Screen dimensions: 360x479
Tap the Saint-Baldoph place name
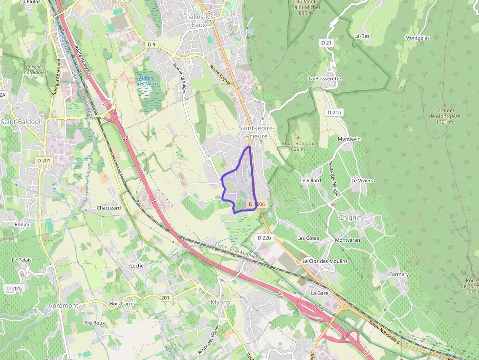tap(22, 122)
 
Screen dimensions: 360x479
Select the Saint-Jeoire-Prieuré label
tap(257, 131)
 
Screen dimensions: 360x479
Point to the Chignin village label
tap(350, 217)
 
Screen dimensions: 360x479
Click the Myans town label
tap(220, 302)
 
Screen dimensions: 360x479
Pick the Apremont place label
tap(63, 305)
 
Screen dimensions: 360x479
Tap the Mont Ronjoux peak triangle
tap(298, 137)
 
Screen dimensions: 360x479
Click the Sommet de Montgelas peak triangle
tap(444, 105)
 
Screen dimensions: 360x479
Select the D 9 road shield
tap(152, 44)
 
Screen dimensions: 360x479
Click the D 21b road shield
tap(334, 112)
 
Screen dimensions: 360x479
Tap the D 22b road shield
tap(263, 237)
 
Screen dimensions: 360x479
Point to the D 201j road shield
tap(15, 289)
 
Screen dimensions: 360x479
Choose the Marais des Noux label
tap(146, 81)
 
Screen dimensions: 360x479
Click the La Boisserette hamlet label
tap(325, 78)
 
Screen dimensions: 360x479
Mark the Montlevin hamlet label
tap(349, 139)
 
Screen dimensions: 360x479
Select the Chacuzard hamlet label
tap(109, 208)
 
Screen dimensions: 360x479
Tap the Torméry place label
tap(399, 275)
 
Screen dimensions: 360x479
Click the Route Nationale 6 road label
tap(384, 332)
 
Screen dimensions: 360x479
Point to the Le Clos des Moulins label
tap(325, 261)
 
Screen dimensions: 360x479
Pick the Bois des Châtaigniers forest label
tap(35, 69)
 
